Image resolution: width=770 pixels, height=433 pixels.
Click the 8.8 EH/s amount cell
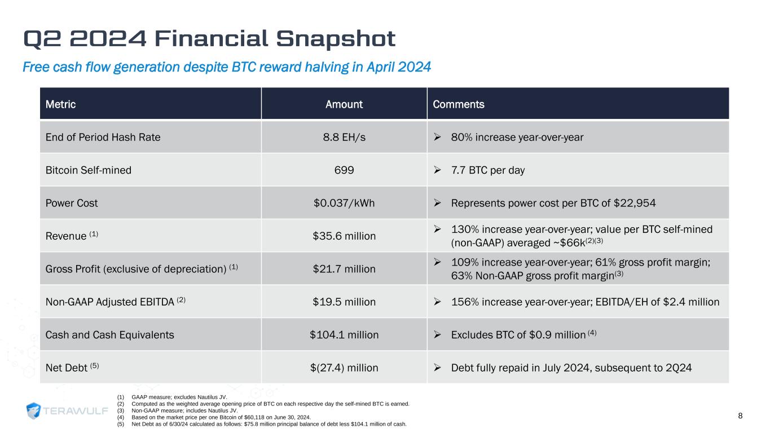point(344,137)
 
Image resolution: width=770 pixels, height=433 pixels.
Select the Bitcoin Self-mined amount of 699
point(344,170)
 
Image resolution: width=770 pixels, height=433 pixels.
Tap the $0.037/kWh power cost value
point(344,203)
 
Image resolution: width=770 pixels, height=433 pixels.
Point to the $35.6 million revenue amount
point(344,236)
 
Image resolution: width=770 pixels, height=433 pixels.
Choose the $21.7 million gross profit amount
point(344,269)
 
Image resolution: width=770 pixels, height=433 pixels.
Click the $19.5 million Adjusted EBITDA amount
point(344,302)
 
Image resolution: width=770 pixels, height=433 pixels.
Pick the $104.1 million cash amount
point(344,335)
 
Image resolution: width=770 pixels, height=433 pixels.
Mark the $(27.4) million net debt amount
point(344,368)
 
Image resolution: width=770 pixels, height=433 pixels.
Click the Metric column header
point(60,104)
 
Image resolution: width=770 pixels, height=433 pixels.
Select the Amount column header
point(344,104)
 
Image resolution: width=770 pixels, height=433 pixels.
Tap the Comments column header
point(466,104)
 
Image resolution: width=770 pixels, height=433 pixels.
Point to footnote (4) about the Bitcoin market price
point(220,417)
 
